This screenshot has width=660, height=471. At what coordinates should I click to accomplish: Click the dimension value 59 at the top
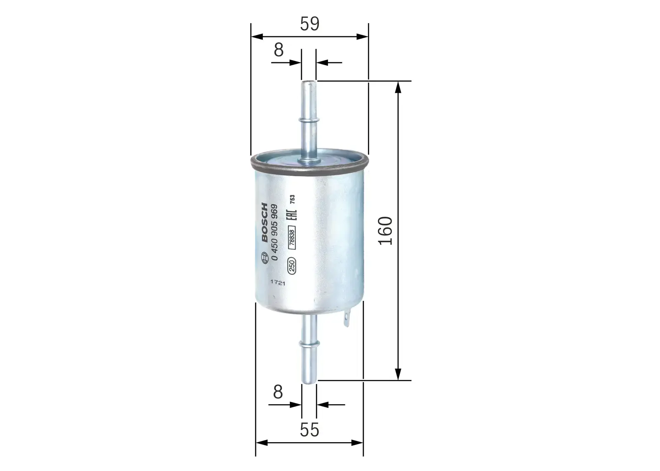pyautogui.click(x=309, y=24)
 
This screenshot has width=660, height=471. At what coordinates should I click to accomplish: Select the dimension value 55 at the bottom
pyautogui.click(x=309, y=430)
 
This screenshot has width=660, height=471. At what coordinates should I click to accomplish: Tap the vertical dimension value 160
pyautogui.click(x=386, y=230)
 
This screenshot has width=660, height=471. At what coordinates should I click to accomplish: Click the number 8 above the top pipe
pyautogui.click(x=279, y=50)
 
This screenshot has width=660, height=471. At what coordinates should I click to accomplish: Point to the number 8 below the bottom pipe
pyautogui.click(x=278, y=392)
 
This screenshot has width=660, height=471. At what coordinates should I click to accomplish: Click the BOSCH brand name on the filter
pyautogui.click(x=264, y=223)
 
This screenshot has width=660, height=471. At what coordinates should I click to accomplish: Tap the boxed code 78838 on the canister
pyautogui.click(x=292, y=238)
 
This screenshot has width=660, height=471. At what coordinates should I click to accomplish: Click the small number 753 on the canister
pyautogui.click(x=292, y=200)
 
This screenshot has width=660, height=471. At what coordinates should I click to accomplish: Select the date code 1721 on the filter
pyautogui.click(x=278, y=283)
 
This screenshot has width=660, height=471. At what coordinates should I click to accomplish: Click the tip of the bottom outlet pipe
pyautogui.click(x=309, y=381)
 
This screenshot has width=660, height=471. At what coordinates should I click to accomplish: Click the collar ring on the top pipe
pyautogui.click(x=308, y=120)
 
